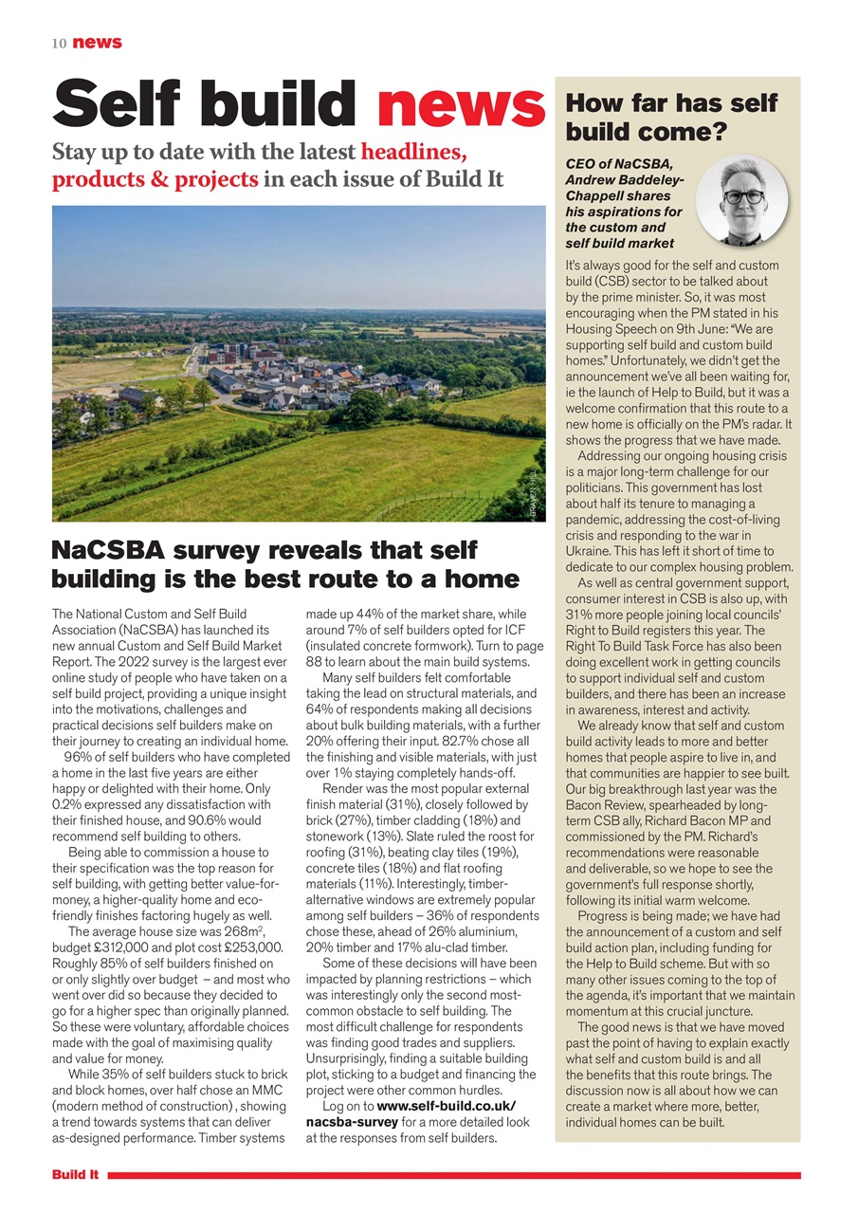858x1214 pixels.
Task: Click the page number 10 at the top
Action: [x=59, y=43]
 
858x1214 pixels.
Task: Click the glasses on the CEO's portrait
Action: [x=743, y=196]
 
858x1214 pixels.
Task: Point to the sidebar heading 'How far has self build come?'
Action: [x=671, y=117]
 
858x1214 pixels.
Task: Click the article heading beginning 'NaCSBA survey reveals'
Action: [x=284, y=564]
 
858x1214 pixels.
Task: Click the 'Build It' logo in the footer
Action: [x=76, y=1175]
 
